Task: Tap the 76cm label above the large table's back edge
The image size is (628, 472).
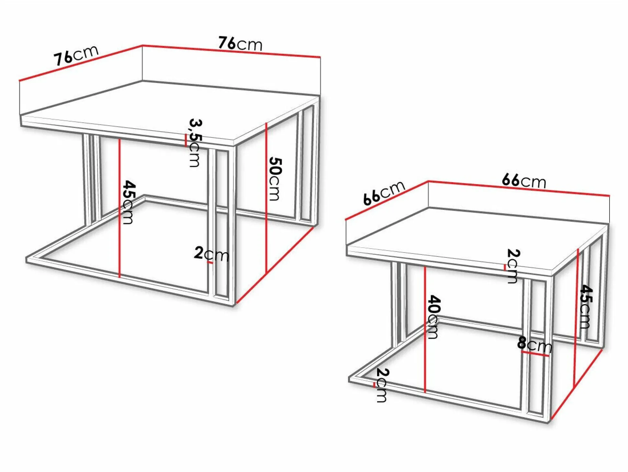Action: [240, 44]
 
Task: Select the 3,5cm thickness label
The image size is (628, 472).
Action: [195, 143]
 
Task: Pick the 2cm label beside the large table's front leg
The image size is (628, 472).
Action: [212, 254]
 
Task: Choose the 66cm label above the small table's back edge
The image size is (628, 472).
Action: [524, 181]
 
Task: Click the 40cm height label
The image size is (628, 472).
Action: [433, 317]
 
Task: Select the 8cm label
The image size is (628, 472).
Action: [534, 344]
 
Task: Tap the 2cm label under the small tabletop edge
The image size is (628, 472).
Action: [513, 266]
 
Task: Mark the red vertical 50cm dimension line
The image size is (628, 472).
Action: [266, 197]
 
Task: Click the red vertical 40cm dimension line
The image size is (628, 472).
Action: [425, 329]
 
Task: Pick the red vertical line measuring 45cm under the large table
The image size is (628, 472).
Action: [119, 208]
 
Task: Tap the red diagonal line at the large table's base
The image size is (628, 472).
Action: [275, 265]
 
